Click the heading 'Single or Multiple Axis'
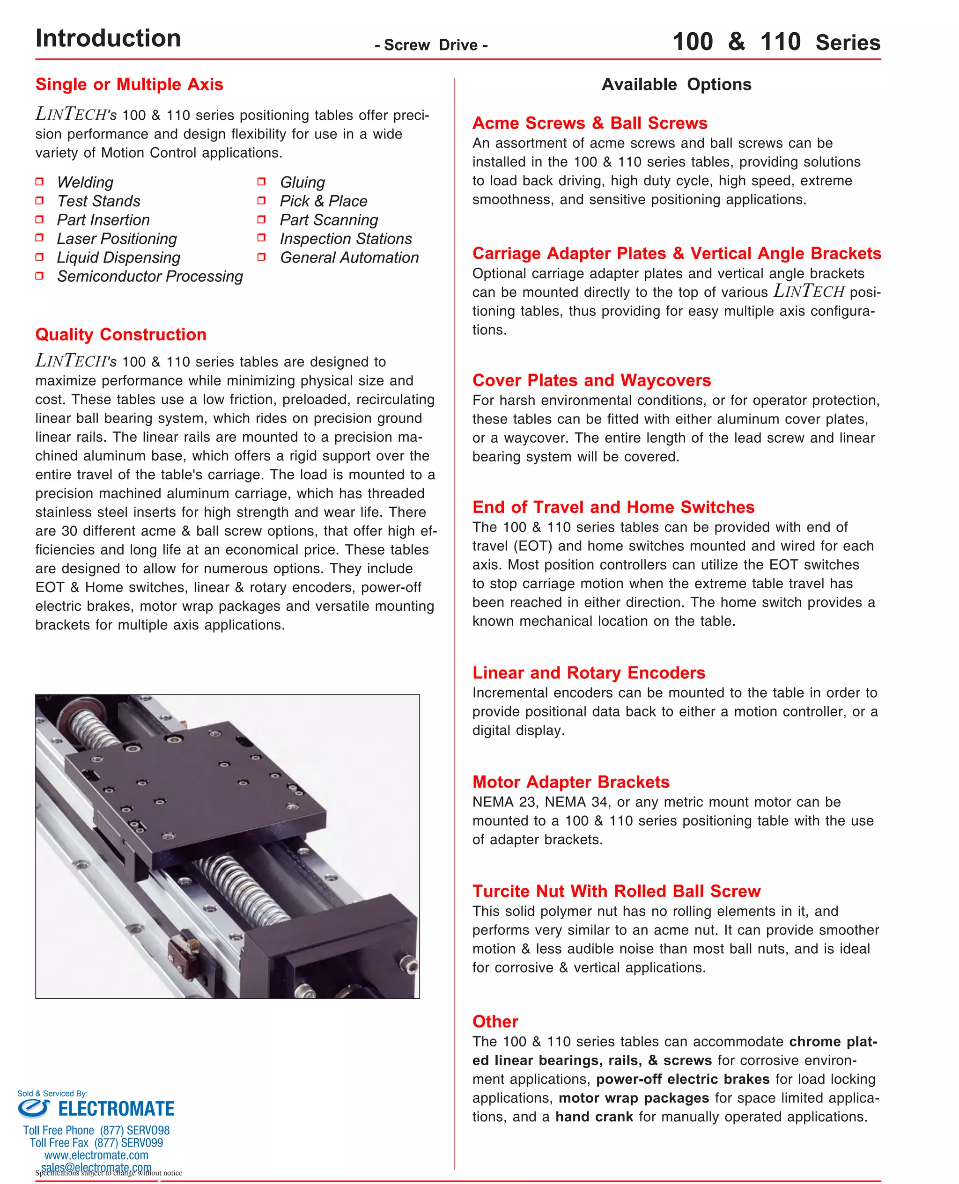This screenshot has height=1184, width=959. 129,84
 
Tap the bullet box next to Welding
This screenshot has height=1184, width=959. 39,182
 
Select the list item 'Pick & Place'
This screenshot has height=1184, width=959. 323,201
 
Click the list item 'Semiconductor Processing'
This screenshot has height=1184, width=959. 150,276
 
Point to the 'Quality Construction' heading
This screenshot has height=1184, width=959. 121,335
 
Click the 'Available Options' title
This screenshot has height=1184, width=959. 676,84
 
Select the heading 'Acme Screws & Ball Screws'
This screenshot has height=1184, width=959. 590,123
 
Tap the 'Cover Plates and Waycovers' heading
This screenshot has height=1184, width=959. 591,380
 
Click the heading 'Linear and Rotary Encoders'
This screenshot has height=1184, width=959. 588,673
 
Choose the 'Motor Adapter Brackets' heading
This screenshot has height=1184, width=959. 571,782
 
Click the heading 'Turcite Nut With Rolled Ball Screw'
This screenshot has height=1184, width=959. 616,892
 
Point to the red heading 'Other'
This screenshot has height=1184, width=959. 495,1022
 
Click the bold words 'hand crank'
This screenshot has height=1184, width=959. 594,1117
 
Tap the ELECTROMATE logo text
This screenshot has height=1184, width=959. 116,1108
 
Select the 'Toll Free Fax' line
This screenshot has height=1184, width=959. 96,1143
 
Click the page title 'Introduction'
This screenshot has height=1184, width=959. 108,39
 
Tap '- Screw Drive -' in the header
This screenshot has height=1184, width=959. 431,45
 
